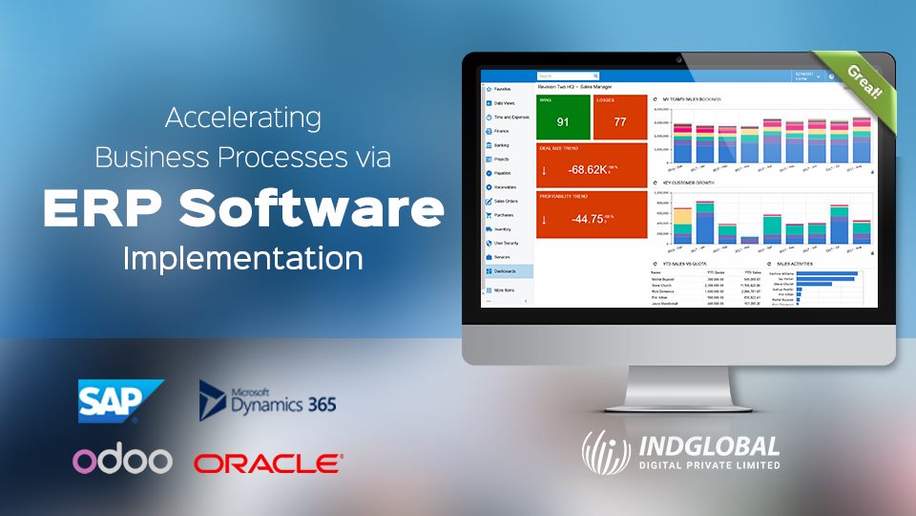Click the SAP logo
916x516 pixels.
[x=120, y=400]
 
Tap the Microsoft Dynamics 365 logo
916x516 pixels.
[x=267, y=400]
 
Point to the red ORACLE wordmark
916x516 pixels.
[x=267, y=464]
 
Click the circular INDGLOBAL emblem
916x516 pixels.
[x=608, y=451]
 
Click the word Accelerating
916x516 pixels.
[x=243, y=119]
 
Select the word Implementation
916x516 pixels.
[x=243, y=259]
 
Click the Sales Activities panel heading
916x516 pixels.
[x=798, y=262]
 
